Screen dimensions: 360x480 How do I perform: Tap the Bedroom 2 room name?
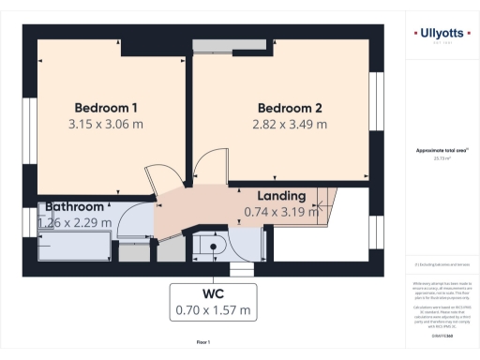pyautogui.click(x=290, y=106)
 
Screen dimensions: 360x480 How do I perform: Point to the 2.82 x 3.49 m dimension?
pyautogui.click(x=290, y=123)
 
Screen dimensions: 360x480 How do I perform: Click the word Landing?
pyautogui.click(x=282, y=196)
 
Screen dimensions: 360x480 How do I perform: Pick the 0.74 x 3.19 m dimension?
pyautogui.click(x=282, y=211)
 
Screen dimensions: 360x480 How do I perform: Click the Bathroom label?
pyautogui.click(x=74, y=206)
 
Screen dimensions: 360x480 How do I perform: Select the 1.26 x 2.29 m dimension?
pyautogui.click(x=74, y=222)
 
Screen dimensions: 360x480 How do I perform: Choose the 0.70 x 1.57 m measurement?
pyautogui.click(x=213, y=309)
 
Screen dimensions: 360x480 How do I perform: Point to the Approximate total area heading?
pyautogui.click(x=442, y=150)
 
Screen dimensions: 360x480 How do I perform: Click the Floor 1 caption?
pyautogui.click(x=202, y=341)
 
